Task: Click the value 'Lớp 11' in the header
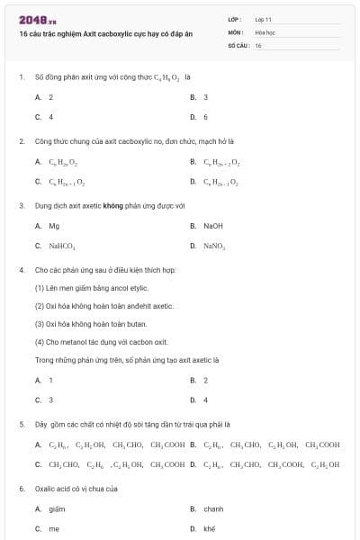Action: (263, 19)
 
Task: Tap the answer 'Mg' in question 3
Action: (54, 226)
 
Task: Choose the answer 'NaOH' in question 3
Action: (213, 226)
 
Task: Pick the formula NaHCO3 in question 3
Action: (62, 245)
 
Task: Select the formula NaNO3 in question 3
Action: (214, 245)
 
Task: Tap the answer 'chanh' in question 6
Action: (213, 509)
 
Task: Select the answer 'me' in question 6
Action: (54, 528)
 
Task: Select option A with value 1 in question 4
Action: (50, 381)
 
